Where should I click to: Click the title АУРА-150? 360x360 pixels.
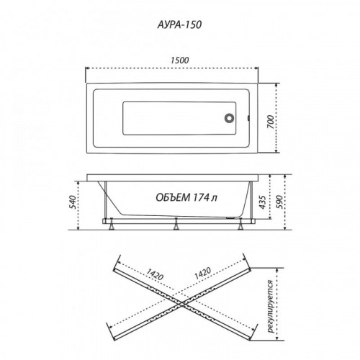tap(179, 25)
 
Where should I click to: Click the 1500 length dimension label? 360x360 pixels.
tap(180, 60)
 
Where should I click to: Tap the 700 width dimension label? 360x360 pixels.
tap(271, 122)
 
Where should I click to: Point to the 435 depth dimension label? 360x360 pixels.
tap(263, 202)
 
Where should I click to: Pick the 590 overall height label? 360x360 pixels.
tap(279, 202)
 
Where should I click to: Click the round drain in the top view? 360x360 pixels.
tap(230, 118)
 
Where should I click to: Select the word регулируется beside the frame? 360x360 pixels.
tap(271, 306)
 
